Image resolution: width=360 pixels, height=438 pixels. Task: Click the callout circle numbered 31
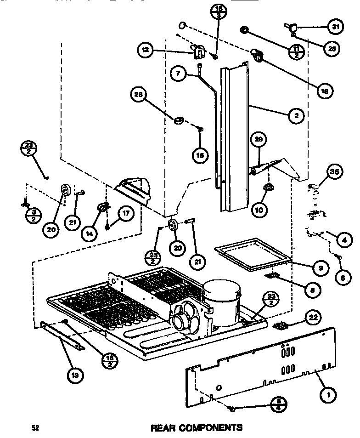335,27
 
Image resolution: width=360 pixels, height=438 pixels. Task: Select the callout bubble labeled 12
145,49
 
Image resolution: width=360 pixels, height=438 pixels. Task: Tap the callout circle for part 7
178,72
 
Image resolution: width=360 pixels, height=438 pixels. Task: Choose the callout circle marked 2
297,116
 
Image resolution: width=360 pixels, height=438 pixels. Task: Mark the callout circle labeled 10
259,210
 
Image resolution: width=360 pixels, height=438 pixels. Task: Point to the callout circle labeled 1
329,393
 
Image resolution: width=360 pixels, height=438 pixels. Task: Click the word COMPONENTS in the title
212,428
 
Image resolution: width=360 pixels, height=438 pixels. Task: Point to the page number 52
34,428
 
